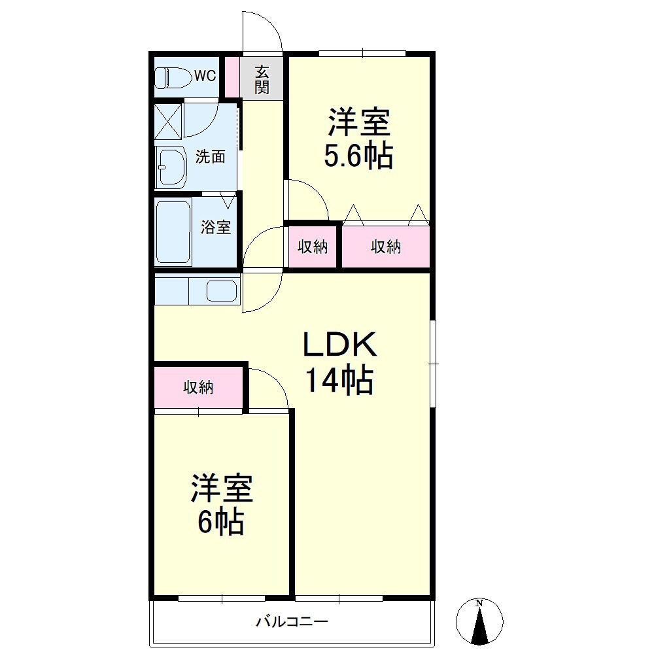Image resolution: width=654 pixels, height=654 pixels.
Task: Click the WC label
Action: click(x=205, y=75)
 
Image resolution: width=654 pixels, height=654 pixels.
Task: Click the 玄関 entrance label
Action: click(x=262, y=80)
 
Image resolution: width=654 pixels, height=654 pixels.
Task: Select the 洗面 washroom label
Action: click(x=210, y=157)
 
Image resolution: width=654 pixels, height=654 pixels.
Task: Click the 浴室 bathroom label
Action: click(x=216, y=228)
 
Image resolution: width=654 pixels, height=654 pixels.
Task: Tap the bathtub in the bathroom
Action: click(x=173, y=232)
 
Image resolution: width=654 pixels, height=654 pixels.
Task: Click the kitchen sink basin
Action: click(x=222, y=291)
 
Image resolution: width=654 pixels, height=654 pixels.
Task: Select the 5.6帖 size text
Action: click(x=358, y=156)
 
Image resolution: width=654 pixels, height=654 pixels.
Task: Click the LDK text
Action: click(x=339, y=344)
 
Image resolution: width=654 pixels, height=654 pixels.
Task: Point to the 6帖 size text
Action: click(x=220, y=522)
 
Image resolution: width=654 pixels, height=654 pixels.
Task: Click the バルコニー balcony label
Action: click(x=292, y=622)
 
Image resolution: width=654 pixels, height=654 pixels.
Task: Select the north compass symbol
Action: click(x=479, y=621)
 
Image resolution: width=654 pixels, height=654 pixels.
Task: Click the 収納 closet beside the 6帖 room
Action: click(x=199, y=387)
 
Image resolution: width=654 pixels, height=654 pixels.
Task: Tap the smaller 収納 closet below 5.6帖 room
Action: click(x=313, y=247)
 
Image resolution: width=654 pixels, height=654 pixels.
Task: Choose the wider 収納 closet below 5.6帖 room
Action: click(x=386, y=247)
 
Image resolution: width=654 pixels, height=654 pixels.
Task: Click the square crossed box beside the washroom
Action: click(x=169, y=122)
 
